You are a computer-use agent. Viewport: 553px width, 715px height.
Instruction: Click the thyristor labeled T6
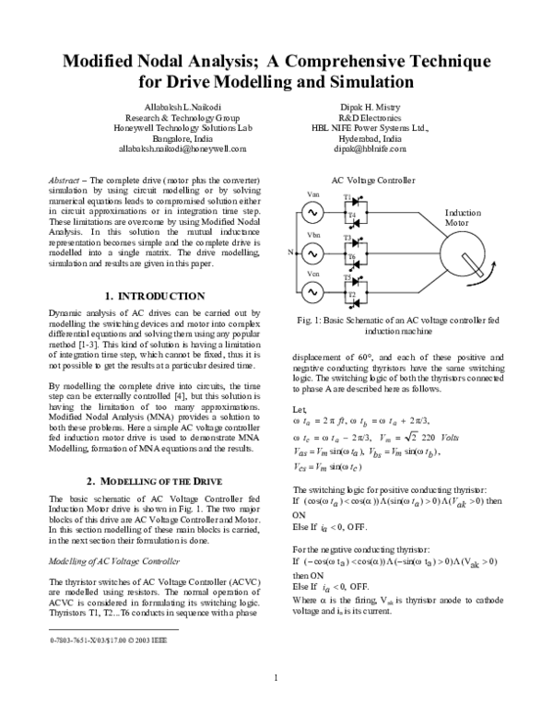point(350,257)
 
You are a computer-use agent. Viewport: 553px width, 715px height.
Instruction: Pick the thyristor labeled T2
point(350,296)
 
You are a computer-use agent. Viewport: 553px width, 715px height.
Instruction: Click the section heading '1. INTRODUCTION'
point(155,296)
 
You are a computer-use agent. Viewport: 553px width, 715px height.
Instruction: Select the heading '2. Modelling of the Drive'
point(155,482)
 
